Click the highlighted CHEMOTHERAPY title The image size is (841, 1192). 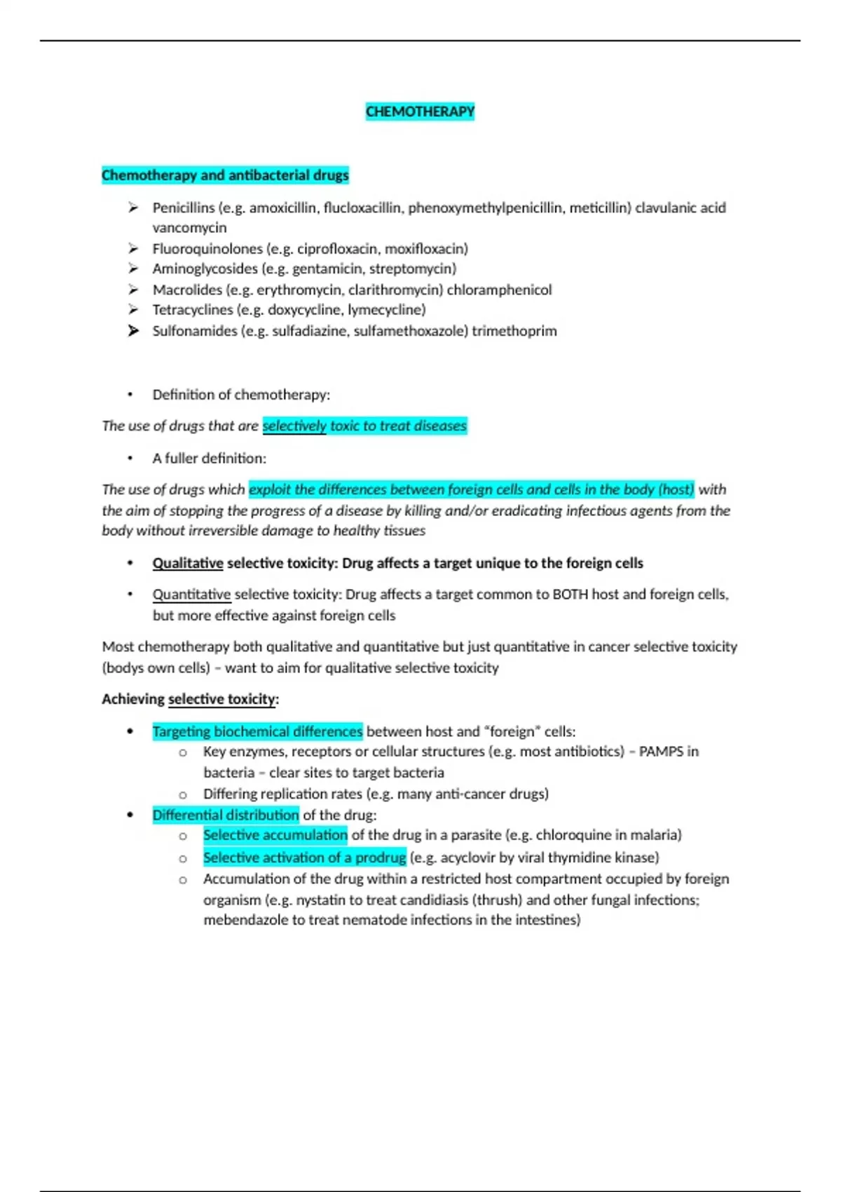pos(420,111)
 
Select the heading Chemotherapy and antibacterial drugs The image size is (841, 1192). pos(225,175)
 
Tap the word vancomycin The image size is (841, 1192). pos(189,228)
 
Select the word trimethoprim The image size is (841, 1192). pos(514,331)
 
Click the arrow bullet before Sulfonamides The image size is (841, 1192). pos(133,331)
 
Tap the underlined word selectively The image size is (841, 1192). pos(294,426)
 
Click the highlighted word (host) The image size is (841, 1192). pos(676,489)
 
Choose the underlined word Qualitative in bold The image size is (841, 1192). pos(188,563)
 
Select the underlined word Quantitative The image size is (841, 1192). pos(191,595)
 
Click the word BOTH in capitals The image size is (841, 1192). pos(570,595)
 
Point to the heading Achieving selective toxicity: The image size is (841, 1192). pos(190,699)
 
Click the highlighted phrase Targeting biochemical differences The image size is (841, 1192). pos(257,731)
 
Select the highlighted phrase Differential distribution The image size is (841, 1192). pos(226,815)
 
